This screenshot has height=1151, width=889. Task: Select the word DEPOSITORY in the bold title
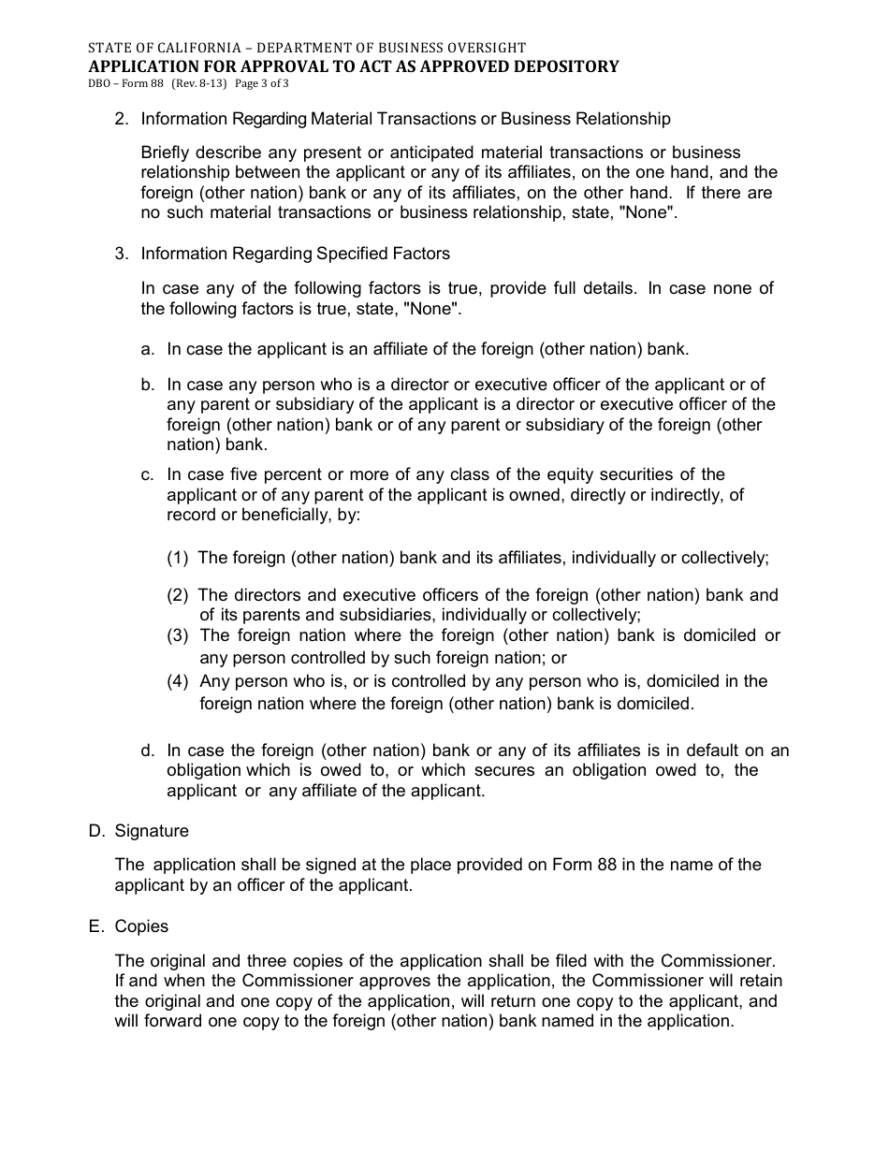click(x=568, y=66)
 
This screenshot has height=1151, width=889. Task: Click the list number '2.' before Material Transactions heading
click(x=121, y=119)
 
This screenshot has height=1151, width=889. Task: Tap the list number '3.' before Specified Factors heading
click(x=121, y=254)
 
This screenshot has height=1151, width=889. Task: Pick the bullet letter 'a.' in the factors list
click(x=148, y=349)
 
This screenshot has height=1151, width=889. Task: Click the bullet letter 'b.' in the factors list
click(x=148, y=385)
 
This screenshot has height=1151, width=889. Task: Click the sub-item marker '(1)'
click(x=178, y=558)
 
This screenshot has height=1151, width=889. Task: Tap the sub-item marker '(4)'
click(x=178, y=681)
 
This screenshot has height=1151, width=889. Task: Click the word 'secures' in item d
click(x=505, y=770)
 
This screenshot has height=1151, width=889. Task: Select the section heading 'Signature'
click(x=152, y=831)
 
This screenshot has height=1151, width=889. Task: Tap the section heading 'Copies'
click(x=141, y=926)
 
